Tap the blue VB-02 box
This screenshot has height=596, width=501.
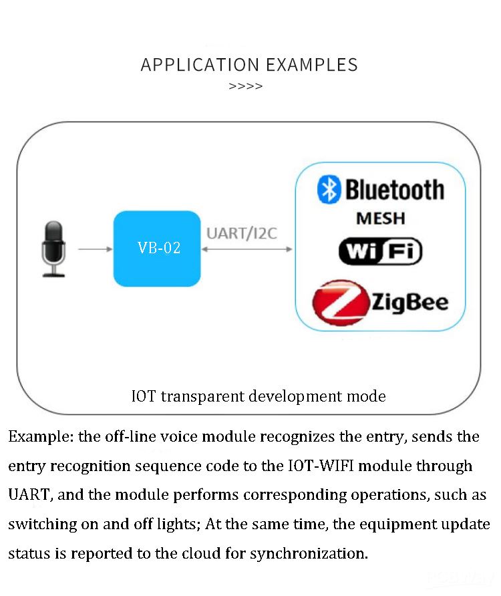pyautogui.click(x=158, y=249)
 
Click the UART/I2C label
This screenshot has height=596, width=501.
pyautogui.click(x=242, y=233)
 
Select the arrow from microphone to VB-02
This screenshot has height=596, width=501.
pyautogui.click(x=95, y=249)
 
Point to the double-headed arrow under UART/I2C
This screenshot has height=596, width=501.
pyautogui.click(x=247, y=249)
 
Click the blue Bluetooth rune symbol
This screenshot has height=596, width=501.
pyautogui.click(x=329, y=190)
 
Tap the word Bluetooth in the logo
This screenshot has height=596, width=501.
pyautogui.click(x=394, y=190)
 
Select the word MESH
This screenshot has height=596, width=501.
pyautogui.click(x=380, y=218)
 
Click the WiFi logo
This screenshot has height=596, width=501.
pyautogui.click(x=380, y=251)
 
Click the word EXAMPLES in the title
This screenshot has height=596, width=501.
pyautogui.click(x=311, y=65)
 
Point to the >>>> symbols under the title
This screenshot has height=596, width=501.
pyautogui.click(x=246, y=86)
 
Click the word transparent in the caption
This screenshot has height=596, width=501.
pyautogui.click(x=202, y=396)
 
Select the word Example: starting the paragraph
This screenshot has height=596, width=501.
pyautogui.click(x=41, y=437)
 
